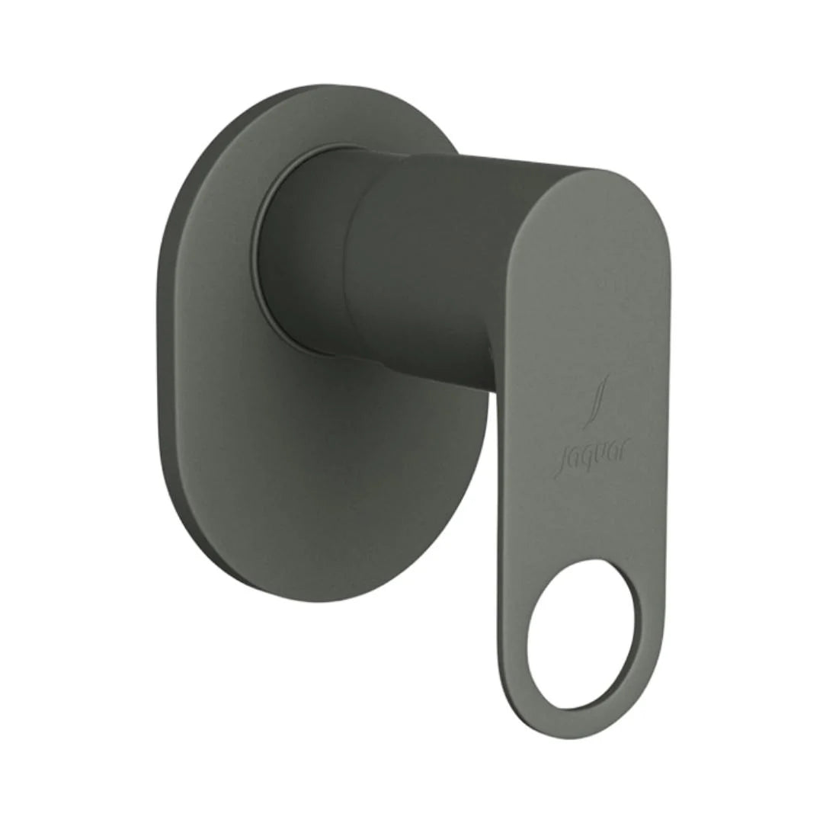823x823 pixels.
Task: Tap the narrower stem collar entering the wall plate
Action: coord(305,251)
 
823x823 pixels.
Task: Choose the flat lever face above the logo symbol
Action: coord(587,305)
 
